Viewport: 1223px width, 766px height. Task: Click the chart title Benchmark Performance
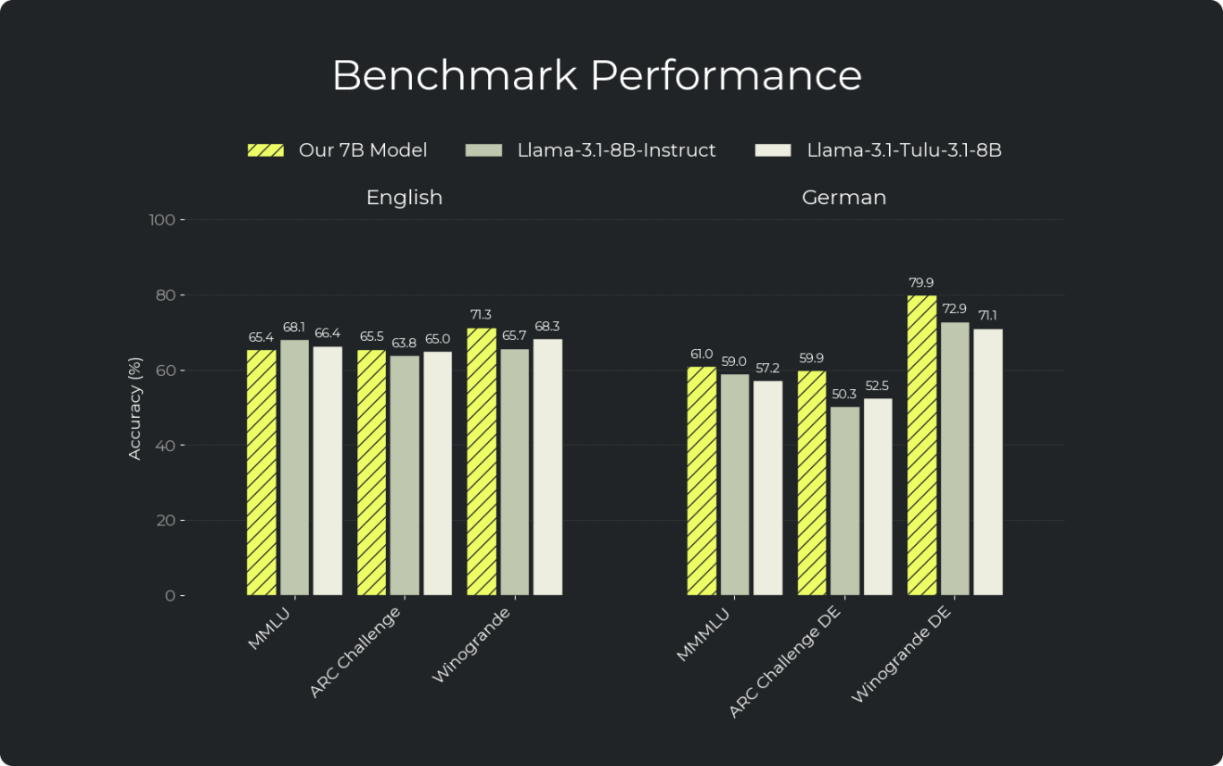point(596,75)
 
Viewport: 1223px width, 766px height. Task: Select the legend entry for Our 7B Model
point(337,150)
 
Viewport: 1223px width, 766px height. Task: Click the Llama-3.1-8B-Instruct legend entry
point(591,150)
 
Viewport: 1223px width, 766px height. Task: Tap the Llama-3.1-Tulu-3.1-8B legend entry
point(878,150)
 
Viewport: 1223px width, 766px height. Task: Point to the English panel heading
point(404,197)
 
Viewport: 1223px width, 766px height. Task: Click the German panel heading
point(843,197)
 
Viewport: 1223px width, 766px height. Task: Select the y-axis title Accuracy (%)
point(135,408)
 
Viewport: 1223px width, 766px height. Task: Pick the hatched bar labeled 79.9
point(922,445)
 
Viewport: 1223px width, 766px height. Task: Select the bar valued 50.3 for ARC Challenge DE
point(844,500)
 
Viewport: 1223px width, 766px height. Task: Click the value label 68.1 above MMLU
point(294,327)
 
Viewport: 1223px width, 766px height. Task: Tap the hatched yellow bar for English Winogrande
point(482,461)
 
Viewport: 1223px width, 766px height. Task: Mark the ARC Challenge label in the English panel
point(355,651)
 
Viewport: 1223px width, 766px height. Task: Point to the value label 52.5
point(877,386)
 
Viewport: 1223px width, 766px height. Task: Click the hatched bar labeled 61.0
point(702,481)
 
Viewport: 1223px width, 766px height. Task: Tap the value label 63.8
point(404,343)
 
